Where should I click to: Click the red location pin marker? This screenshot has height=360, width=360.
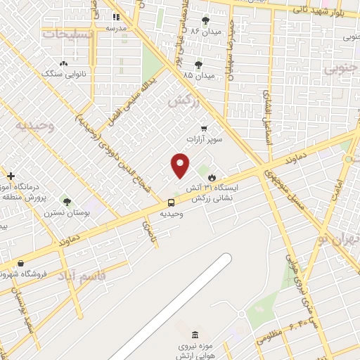coord(181,165)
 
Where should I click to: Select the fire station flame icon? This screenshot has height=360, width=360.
coord(212,179)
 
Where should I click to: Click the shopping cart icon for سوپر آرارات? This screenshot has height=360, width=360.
coord(203,128)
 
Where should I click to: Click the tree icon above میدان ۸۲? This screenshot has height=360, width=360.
coord(205,20)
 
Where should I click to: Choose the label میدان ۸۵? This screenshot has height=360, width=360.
coord(198,74)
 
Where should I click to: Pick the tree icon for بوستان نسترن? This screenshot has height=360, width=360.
coord(67,202)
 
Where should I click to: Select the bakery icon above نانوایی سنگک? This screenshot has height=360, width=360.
coord(64,63)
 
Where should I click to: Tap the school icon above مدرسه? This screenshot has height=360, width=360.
coord(116,17)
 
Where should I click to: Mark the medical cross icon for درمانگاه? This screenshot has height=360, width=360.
coord(10,175)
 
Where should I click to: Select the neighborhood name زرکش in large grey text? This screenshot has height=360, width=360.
coord(184,101)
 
